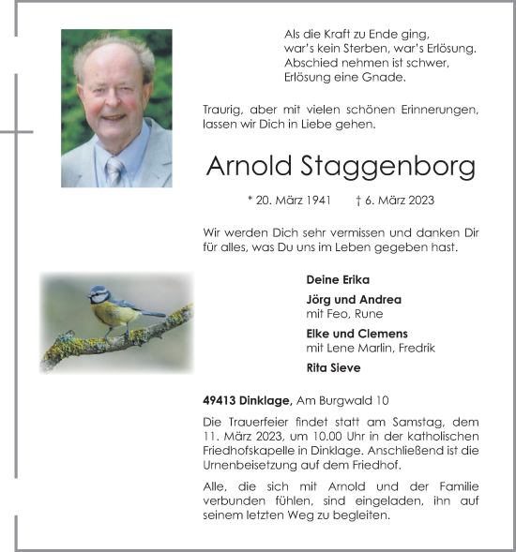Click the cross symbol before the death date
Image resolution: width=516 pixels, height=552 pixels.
click(x=360, y=201)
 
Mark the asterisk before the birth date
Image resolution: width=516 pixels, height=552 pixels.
click(x=250, y=200)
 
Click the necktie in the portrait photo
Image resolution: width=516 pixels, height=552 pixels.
click(x=114, y=171)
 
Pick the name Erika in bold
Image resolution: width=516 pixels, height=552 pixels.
click(x=353, y=279)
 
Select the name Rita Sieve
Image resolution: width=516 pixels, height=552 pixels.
click(x=333, y=368)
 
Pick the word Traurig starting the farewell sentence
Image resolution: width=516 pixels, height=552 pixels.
click(x=223, y=110)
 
